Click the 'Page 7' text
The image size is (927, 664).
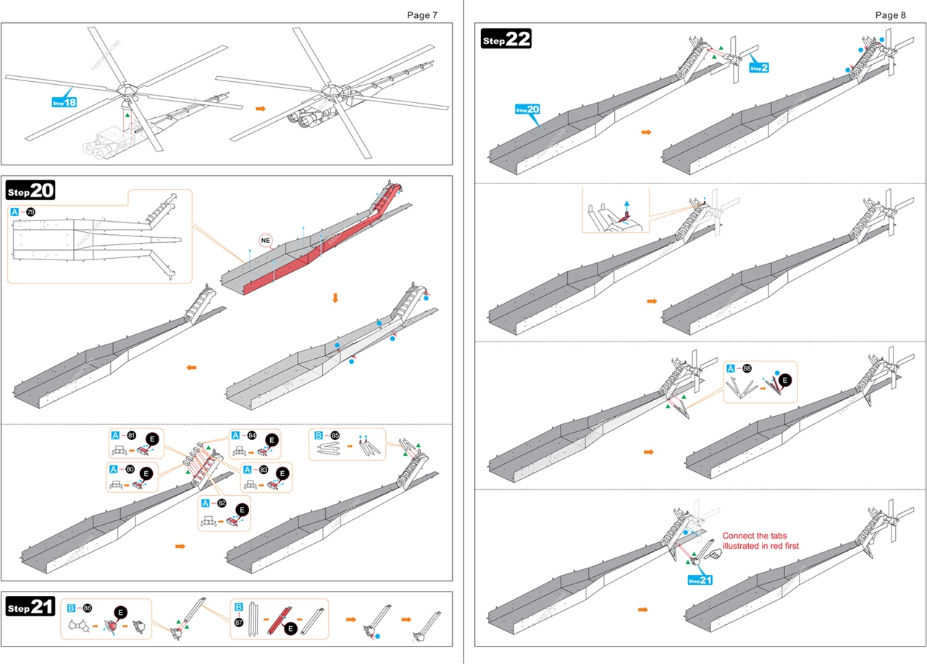421,15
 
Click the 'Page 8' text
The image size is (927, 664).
890,15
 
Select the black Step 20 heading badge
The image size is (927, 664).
30,191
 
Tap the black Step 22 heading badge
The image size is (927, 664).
506,39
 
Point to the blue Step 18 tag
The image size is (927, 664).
64,102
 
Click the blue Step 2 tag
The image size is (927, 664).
758,67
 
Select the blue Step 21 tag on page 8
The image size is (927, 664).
700,580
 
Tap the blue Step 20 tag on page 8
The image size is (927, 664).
527,109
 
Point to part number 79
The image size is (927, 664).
30,212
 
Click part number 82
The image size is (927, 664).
222,503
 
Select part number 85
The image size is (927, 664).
335,436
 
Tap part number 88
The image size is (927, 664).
747,368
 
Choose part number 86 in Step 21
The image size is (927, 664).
88,607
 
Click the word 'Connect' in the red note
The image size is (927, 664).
741,536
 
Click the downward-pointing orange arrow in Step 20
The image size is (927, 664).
335,298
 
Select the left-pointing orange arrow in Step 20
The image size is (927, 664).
191,368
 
